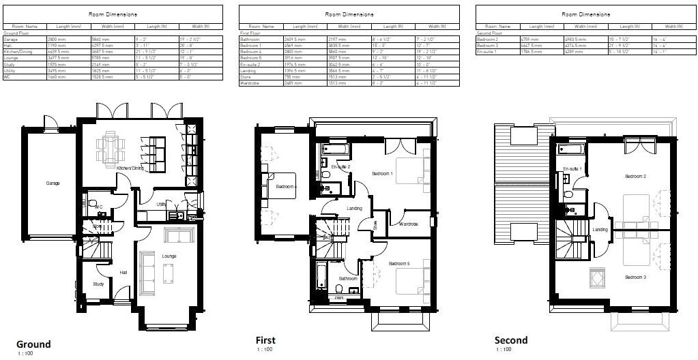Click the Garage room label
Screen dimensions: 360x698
pos(53,183)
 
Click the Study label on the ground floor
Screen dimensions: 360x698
pos(98,284)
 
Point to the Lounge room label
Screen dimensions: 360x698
pos(169,256)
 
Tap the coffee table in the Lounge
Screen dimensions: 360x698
pos(168,273)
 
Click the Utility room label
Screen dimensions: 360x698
pos(161,204)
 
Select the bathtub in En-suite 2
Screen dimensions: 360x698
pos(336,149)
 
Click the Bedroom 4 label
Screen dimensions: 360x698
pos(286,186)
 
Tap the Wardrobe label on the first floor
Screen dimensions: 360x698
pos(408,224)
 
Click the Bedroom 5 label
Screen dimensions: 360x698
pos(399,263)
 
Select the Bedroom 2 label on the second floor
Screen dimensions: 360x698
pos(635,177)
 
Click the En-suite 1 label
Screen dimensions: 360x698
pos(571,167)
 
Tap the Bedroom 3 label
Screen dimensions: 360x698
pos(635,277)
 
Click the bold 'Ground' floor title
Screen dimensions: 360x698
pos(33,344)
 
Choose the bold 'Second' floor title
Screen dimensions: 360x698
pos(511,340)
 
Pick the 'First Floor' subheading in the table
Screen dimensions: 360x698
pos(250,33)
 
